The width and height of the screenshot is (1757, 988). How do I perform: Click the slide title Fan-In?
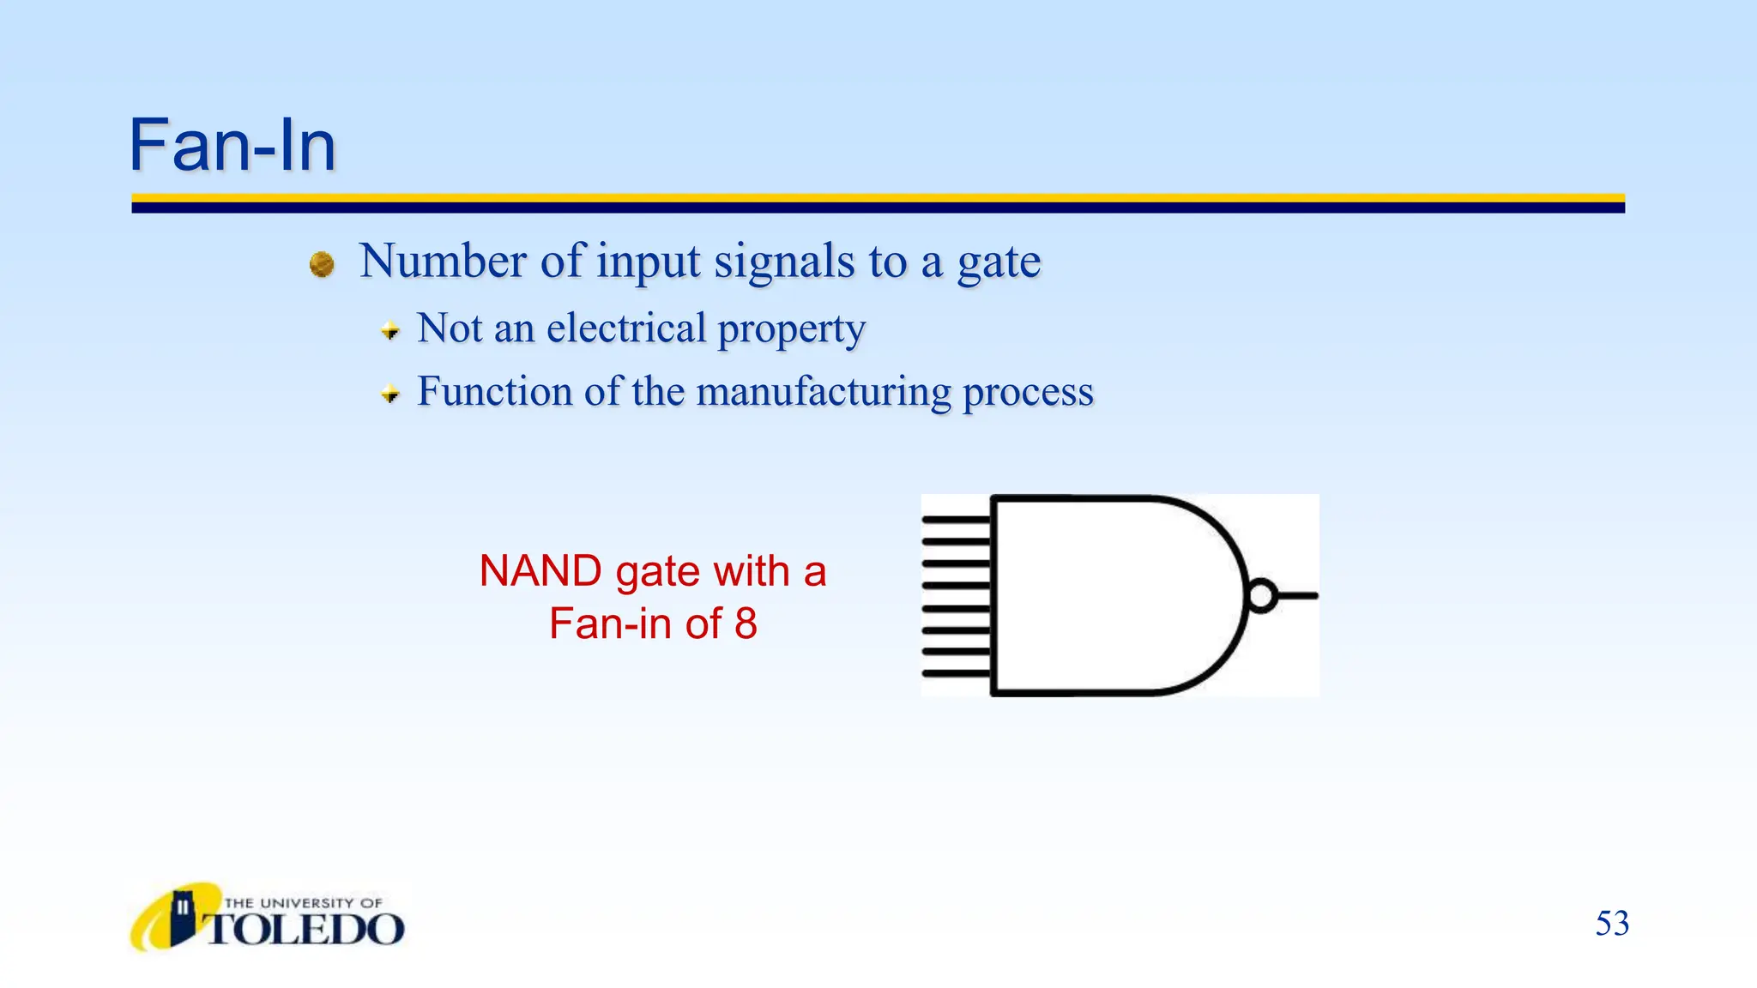pyautogui.click(x=232, y=145)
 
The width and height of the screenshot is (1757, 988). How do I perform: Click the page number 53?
pyautogui.click(x=1611, y=924)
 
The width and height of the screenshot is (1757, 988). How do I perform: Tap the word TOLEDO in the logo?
pyautogui.click(x=305, y=930)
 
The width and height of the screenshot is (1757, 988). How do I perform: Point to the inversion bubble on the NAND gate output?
pyautogui.click(x=1261, y=595)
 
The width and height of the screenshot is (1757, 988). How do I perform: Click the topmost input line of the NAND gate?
pyautogui.click(x=956, y=520)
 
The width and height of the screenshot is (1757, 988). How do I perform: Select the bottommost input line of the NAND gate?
pyautogui.click(x=956, y=674)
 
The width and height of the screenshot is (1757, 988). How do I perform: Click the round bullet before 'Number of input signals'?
pyautogui.click(x=322, y=264)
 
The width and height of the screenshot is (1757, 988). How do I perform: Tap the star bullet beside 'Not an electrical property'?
pyautogui.click(x=390, y=330)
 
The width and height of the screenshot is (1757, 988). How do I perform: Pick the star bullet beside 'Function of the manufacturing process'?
pyautogui.click(x=390, y=394)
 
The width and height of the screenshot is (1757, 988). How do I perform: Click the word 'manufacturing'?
pyautogui.click(x=824, y=392)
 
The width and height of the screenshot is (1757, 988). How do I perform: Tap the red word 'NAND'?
pyautogui.click(x=540, y=571)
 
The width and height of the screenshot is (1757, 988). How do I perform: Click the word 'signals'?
pyautogui.click(x=784, y=261)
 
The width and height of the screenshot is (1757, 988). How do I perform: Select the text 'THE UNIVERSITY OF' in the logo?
pyautogui.click(x=303, y=903)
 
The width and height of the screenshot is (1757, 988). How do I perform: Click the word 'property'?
pyautogui.click(x=791, y=329)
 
